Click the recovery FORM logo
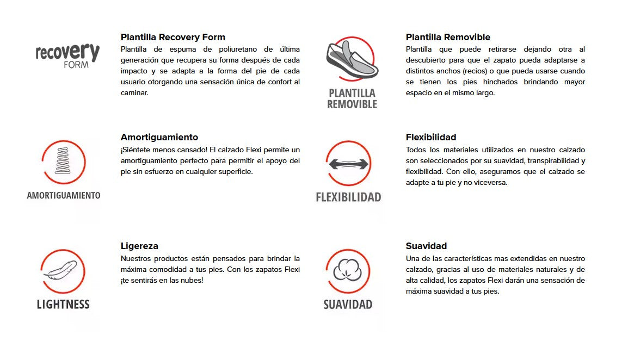pyautogui.click(x=67, y=55)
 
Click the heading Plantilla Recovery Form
pyautogui.click(x=173, y=38)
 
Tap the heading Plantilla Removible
pyautogui.click(x=448, y=38)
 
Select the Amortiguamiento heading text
pyautogui.click(x=159, y=138)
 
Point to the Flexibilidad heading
pyautogui.click(x=431, y=138)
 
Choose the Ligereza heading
pyautogui.click(x=139, y=246)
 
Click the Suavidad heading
pyautogui.click(x=426, y=246)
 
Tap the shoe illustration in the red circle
pyautogui.click(x=352, y=59)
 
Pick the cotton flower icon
pyautogui.click(x=348, y=271)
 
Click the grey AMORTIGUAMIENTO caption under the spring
pyautogui.click(x=64, y=196)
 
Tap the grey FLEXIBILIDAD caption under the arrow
pyautogui.click(x=348, y=197)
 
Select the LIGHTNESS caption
pyautogui.click(x=63, y=305)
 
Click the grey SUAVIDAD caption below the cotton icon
pyautogui.click(x=348, y=305)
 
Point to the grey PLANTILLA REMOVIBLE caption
pyautogui.click(x=352, y=98)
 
